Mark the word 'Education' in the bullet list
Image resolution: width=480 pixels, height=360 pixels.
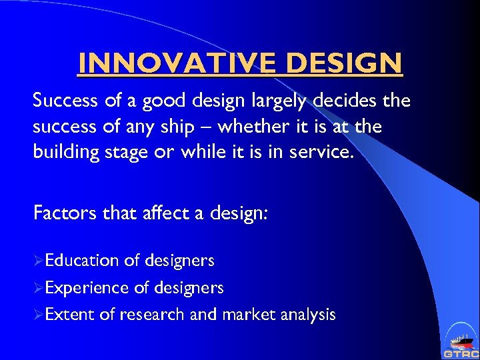pos(82,261)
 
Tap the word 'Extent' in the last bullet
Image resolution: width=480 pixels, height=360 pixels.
pos(69,315)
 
